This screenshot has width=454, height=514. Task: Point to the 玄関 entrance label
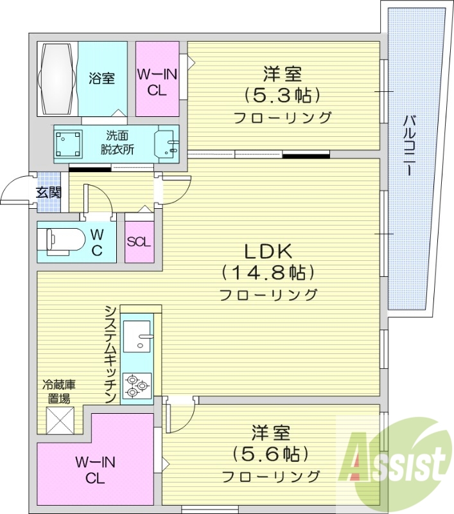click(x=48, y=191)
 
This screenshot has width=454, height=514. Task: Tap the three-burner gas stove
click(x=137, y=384)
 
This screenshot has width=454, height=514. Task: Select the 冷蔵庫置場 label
click(x=59, y=391)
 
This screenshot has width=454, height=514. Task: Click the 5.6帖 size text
click(x=269, y=454)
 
